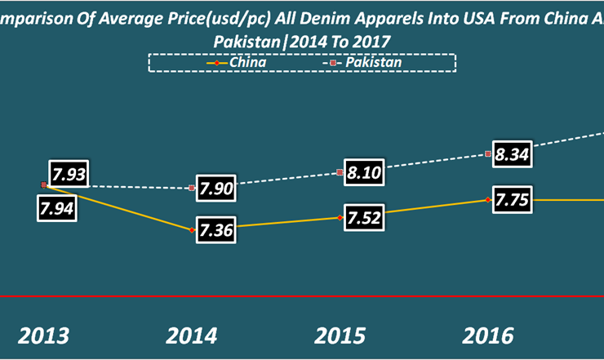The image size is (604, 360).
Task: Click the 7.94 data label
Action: (x=57, y=207)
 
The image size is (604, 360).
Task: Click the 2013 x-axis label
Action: (x=46, y=336)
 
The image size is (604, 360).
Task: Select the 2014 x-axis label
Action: (x=193, y=336)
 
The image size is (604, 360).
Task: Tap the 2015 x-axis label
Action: (x=340, y=336)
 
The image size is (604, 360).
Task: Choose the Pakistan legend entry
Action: (x=359, y=61)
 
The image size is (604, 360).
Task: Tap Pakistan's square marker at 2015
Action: (x=340, y=172)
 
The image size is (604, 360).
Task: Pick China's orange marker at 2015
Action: (x=340, y=217)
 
